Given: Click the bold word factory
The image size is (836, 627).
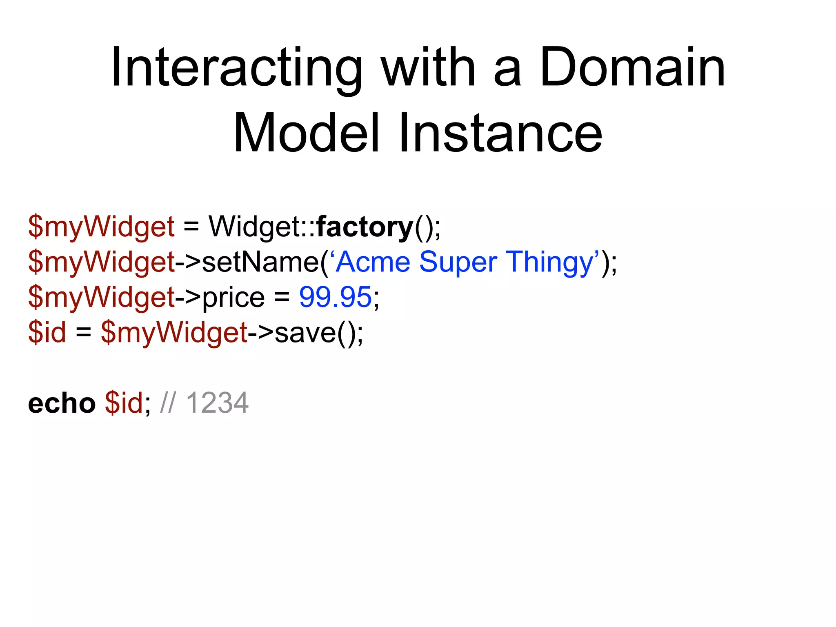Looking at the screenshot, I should tap(365, 227).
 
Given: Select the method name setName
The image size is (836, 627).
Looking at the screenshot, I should tap(260, 262).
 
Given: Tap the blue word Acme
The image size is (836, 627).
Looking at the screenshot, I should tap(373, 262).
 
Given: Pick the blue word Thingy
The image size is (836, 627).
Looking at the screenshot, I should tap(549, 262).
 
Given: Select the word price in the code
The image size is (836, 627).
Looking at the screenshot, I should tap(233, 297).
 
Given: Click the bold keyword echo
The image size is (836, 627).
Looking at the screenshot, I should tap(62, 403).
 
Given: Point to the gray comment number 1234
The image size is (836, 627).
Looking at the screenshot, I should tap(217, 403).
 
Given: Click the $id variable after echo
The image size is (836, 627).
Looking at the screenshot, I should tap(124, 403).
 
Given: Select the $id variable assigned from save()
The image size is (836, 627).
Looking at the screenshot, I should tap(47, 333).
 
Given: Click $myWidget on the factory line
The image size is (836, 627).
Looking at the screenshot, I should tap(101, 227).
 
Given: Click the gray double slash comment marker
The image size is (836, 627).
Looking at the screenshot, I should tap(168, 403).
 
